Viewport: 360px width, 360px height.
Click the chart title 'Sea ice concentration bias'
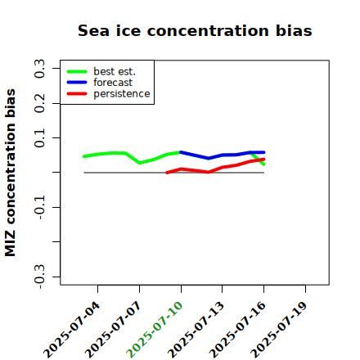coord(195,30)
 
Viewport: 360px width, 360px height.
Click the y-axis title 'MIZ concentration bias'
coord(10,173)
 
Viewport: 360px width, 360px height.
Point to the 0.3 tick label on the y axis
coord(39,69)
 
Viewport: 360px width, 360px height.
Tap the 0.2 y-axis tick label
coord(39,103)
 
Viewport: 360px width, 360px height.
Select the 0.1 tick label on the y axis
coord(39,138)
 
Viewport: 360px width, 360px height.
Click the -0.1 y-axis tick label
coord(39,208)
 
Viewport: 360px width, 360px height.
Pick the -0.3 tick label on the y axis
coord(39,277)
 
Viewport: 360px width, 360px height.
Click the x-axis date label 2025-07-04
coord(72,330)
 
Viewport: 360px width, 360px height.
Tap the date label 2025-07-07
coord(113,330)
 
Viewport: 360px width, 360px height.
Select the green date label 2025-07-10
coord(155,330)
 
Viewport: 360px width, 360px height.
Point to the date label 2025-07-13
coord(196,330)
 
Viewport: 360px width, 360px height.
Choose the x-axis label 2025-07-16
coord(237,330)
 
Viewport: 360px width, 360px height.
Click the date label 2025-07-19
coord(279,330)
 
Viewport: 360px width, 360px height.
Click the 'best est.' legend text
coord(115,71)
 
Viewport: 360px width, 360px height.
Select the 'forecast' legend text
coord(113,83)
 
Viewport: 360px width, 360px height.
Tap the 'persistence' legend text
coord(122,94)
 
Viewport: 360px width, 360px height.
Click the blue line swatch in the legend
coord(77,83)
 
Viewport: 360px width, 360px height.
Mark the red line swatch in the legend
coord(77,94)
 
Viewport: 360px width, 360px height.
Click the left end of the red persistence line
coord(167,173)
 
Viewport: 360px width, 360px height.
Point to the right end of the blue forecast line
coord(264,152)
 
